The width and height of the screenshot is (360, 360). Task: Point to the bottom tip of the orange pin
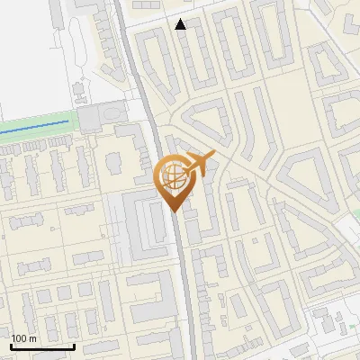click(x=173, y=211)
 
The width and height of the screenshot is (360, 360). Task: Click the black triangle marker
click(x=181, y=24)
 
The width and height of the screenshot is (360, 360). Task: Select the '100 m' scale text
click(x=23, y=338)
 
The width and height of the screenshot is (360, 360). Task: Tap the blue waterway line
click(x=36, y=127)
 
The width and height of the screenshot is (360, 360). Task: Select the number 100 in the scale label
click(x=19, y=338)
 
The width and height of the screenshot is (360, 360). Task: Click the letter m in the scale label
click(x=32, y=338)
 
